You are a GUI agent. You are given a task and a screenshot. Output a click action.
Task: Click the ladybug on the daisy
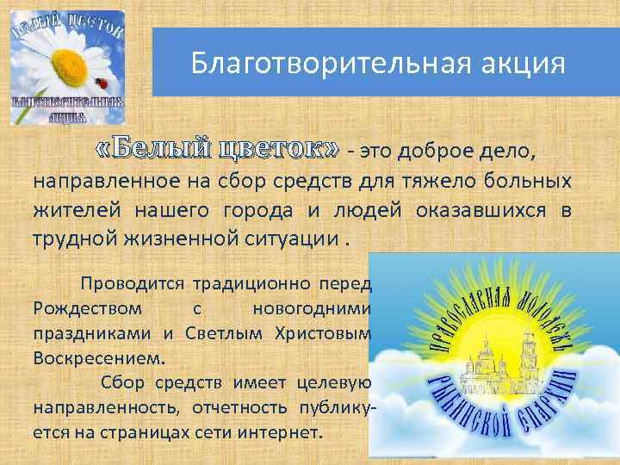click(x=104, y=83)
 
